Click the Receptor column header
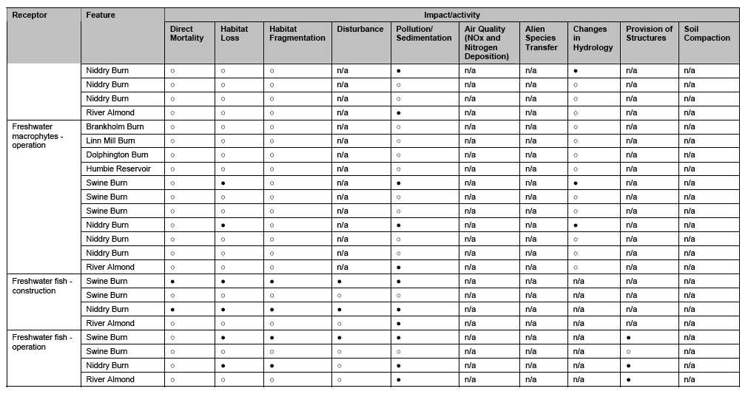(x=30, y=15)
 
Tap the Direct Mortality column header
(x=186, y=34)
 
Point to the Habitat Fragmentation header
(x=297, y=34)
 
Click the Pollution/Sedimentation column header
(x=423, y=34)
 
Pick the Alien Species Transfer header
(x=542, y=38)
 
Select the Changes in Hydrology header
(x=593, y=38)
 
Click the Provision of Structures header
(x=649, y=34)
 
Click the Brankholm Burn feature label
(x=115, y=127)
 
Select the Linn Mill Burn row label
(x=110, y=141)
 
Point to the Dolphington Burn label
(x=117, y=155)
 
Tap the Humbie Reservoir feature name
(x=118, y=169)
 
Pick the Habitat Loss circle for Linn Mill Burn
(x=223, y=141)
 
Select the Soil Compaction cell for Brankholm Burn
(x=690, y=127)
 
